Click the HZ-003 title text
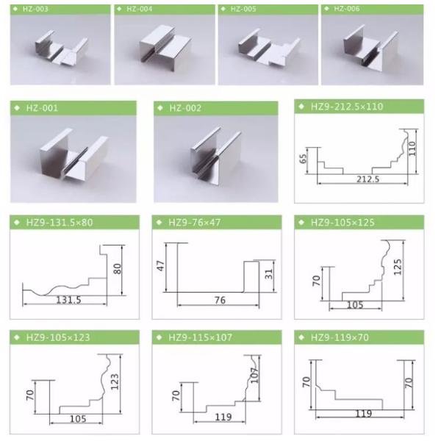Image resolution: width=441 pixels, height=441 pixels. point(35,9)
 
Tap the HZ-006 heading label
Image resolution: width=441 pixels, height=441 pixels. point(346,9)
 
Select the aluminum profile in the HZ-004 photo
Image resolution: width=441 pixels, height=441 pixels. point(165,47)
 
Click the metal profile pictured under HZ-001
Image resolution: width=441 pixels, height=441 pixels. point(73,154)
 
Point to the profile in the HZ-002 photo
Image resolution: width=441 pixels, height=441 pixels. point(216,155)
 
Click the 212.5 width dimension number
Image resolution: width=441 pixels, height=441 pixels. point(368,179)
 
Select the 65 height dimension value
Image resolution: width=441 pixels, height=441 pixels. point(303,159)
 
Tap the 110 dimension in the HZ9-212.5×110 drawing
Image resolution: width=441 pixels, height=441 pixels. point(412,148)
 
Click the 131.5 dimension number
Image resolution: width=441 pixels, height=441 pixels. point(69,300)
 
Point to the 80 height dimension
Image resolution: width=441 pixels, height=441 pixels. point(118,269)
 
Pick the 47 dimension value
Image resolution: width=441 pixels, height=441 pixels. point(160,266)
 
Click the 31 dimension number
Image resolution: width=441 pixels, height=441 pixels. point(269,273)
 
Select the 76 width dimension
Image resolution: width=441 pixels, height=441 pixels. point(220,300)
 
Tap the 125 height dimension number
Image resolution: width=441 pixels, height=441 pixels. point(398,268)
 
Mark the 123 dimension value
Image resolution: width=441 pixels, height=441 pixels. point(115,381)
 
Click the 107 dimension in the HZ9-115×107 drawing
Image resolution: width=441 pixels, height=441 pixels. point(254,375)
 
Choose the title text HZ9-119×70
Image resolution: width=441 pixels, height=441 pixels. point(340,337)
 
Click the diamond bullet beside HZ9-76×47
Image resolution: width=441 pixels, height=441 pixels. point(159,223)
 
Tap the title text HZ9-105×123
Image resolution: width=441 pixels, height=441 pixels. point(58,337)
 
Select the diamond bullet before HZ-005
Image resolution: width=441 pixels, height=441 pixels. point(223,9)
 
